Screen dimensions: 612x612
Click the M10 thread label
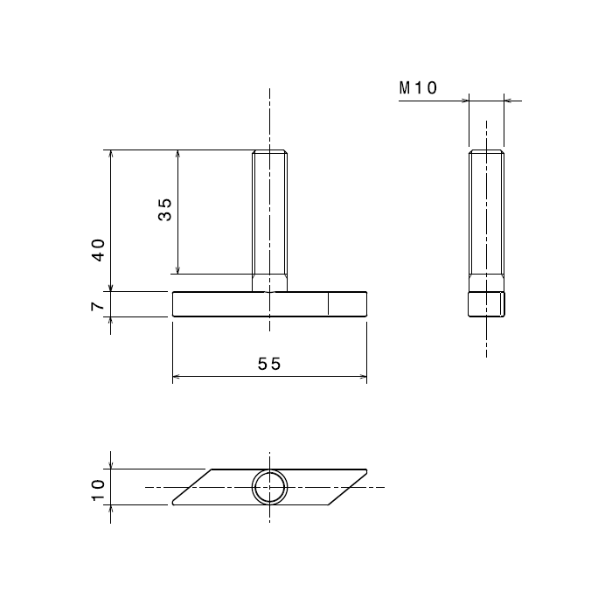pyautogui.click(x=418, y=87)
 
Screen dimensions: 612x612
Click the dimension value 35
pyautogui.click(x=165, y=209)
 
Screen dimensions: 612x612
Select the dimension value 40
pyautogui.click(x=99, y=250)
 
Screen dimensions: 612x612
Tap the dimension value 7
pyautogui.click(x=99, y=305)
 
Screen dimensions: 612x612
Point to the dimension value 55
pyautogui.click(x=269, y=365)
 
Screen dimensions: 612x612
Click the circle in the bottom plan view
pyautogui.click(x=270, y=486)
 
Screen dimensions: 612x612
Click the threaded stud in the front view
pyautogui.click(x=270, y=219)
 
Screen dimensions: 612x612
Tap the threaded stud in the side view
pyautogui.click(x=486, y=219)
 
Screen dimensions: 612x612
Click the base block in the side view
pyautogui.click(x=486, y=304)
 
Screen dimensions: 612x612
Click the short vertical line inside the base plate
pyautogui.click(x=329, y=303)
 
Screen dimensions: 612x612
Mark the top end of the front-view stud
pyautogui.click(x=270, y=151)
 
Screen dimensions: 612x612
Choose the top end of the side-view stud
pyautogui.click(x=486, y=151)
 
